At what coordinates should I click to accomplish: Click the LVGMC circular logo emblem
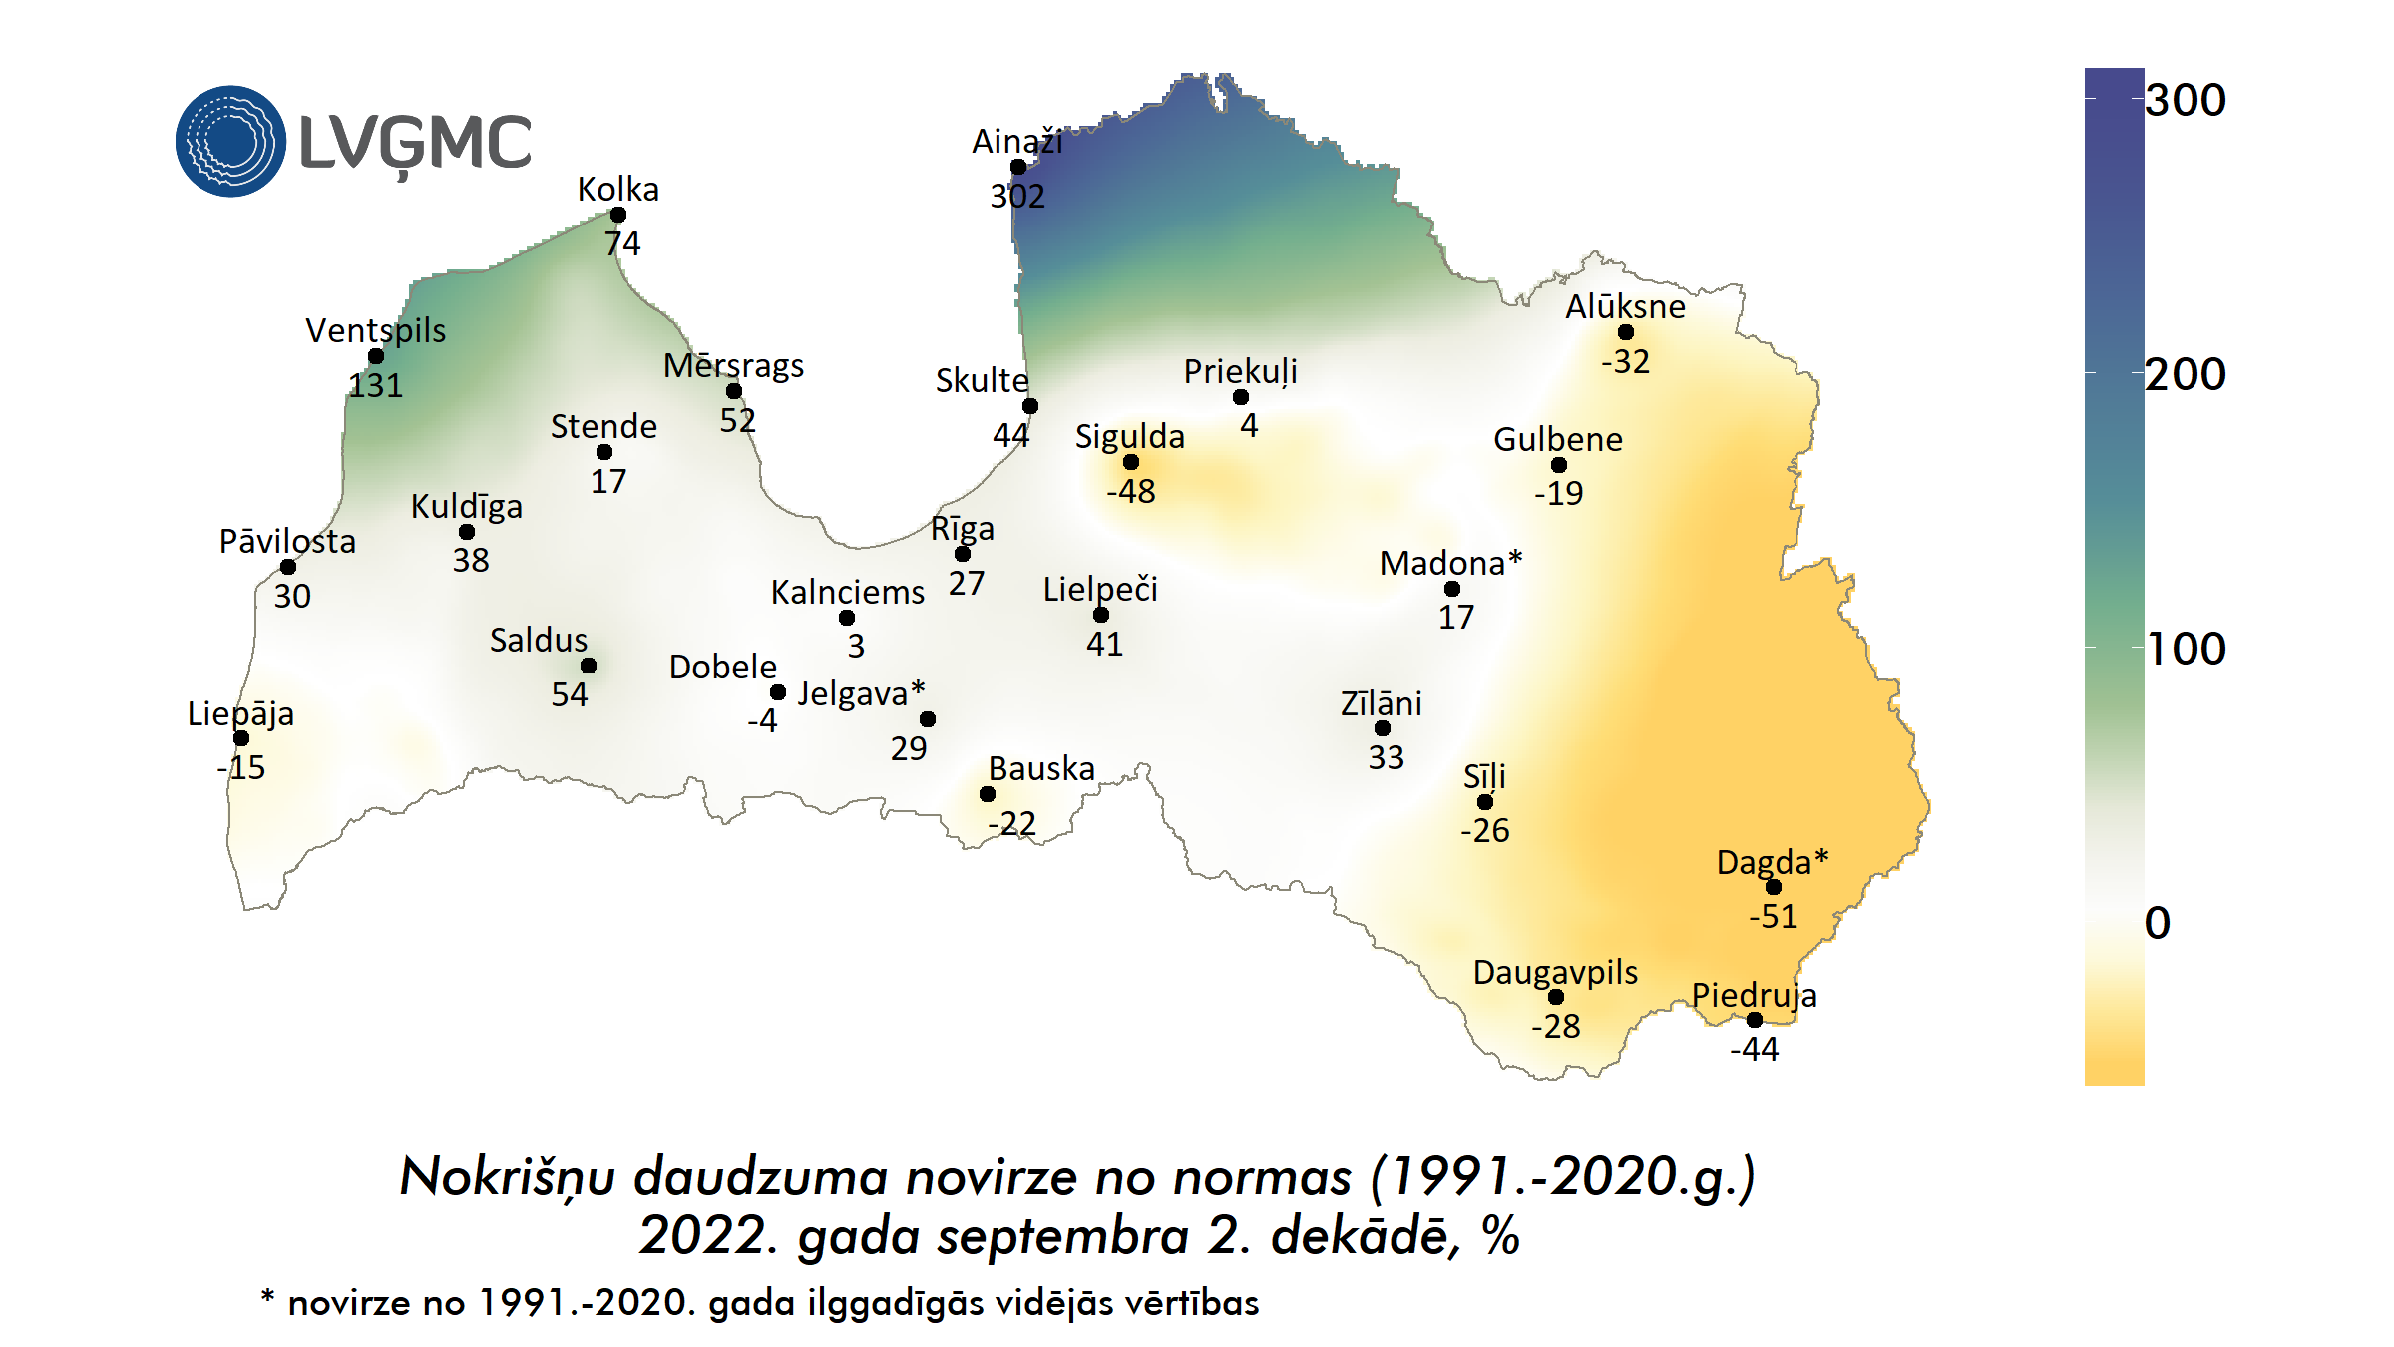230,141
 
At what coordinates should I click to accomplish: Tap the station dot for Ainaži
1018,167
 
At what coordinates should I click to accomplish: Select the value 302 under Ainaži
1017,196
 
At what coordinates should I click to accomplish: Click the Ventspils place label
375,330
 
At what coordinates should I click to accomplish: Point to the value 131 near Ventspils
375,385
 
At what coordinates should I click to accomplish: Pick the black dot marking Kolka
618,215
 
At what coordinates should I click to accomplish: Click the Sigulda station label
1129,436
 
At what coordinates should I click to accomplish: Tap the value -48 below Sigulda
1130,491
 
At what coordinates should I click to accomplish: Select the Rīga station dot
963,553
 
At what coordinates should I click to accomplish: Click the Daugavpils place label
1555,972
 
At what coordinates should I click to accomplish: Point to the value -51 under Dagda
1773,916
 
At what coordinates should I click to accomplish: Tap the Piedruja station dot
1755,1019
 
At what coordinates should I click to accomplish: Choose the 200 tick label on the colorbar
2185,375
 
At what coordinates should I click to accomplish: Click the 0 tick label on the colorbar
2157,923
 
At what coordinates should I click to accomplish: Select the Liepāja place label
240,713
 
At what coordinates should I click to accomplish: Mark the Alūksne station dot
1626,332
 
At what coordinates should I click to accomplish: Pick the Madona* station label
1450,563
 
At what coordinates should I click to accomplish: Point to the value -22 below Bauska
1011,823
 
